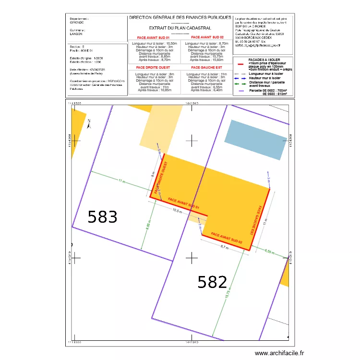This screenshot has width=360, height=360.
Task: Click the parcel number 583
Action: click(103, 217)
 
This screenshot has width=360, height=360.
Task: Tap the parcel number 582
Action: click(212, 282)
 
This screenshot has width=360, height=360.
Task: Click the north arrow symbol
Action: click(89, 124)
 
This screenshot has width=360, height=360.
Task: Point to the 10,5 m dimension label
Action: click(177, 210)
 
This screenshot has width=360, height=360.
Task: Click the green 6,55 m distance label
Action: click(270, 252)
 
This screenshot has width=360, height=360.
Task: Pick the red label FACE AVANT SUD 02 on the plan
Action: click(227, 238)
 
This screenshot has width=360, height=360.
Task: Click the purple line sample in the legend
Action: click(241, 91)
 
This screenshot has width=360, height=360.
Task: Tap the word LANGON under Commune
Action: click(76, 34)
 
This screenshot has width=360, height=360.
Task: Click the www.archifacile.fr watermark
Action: click(279, 353)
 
